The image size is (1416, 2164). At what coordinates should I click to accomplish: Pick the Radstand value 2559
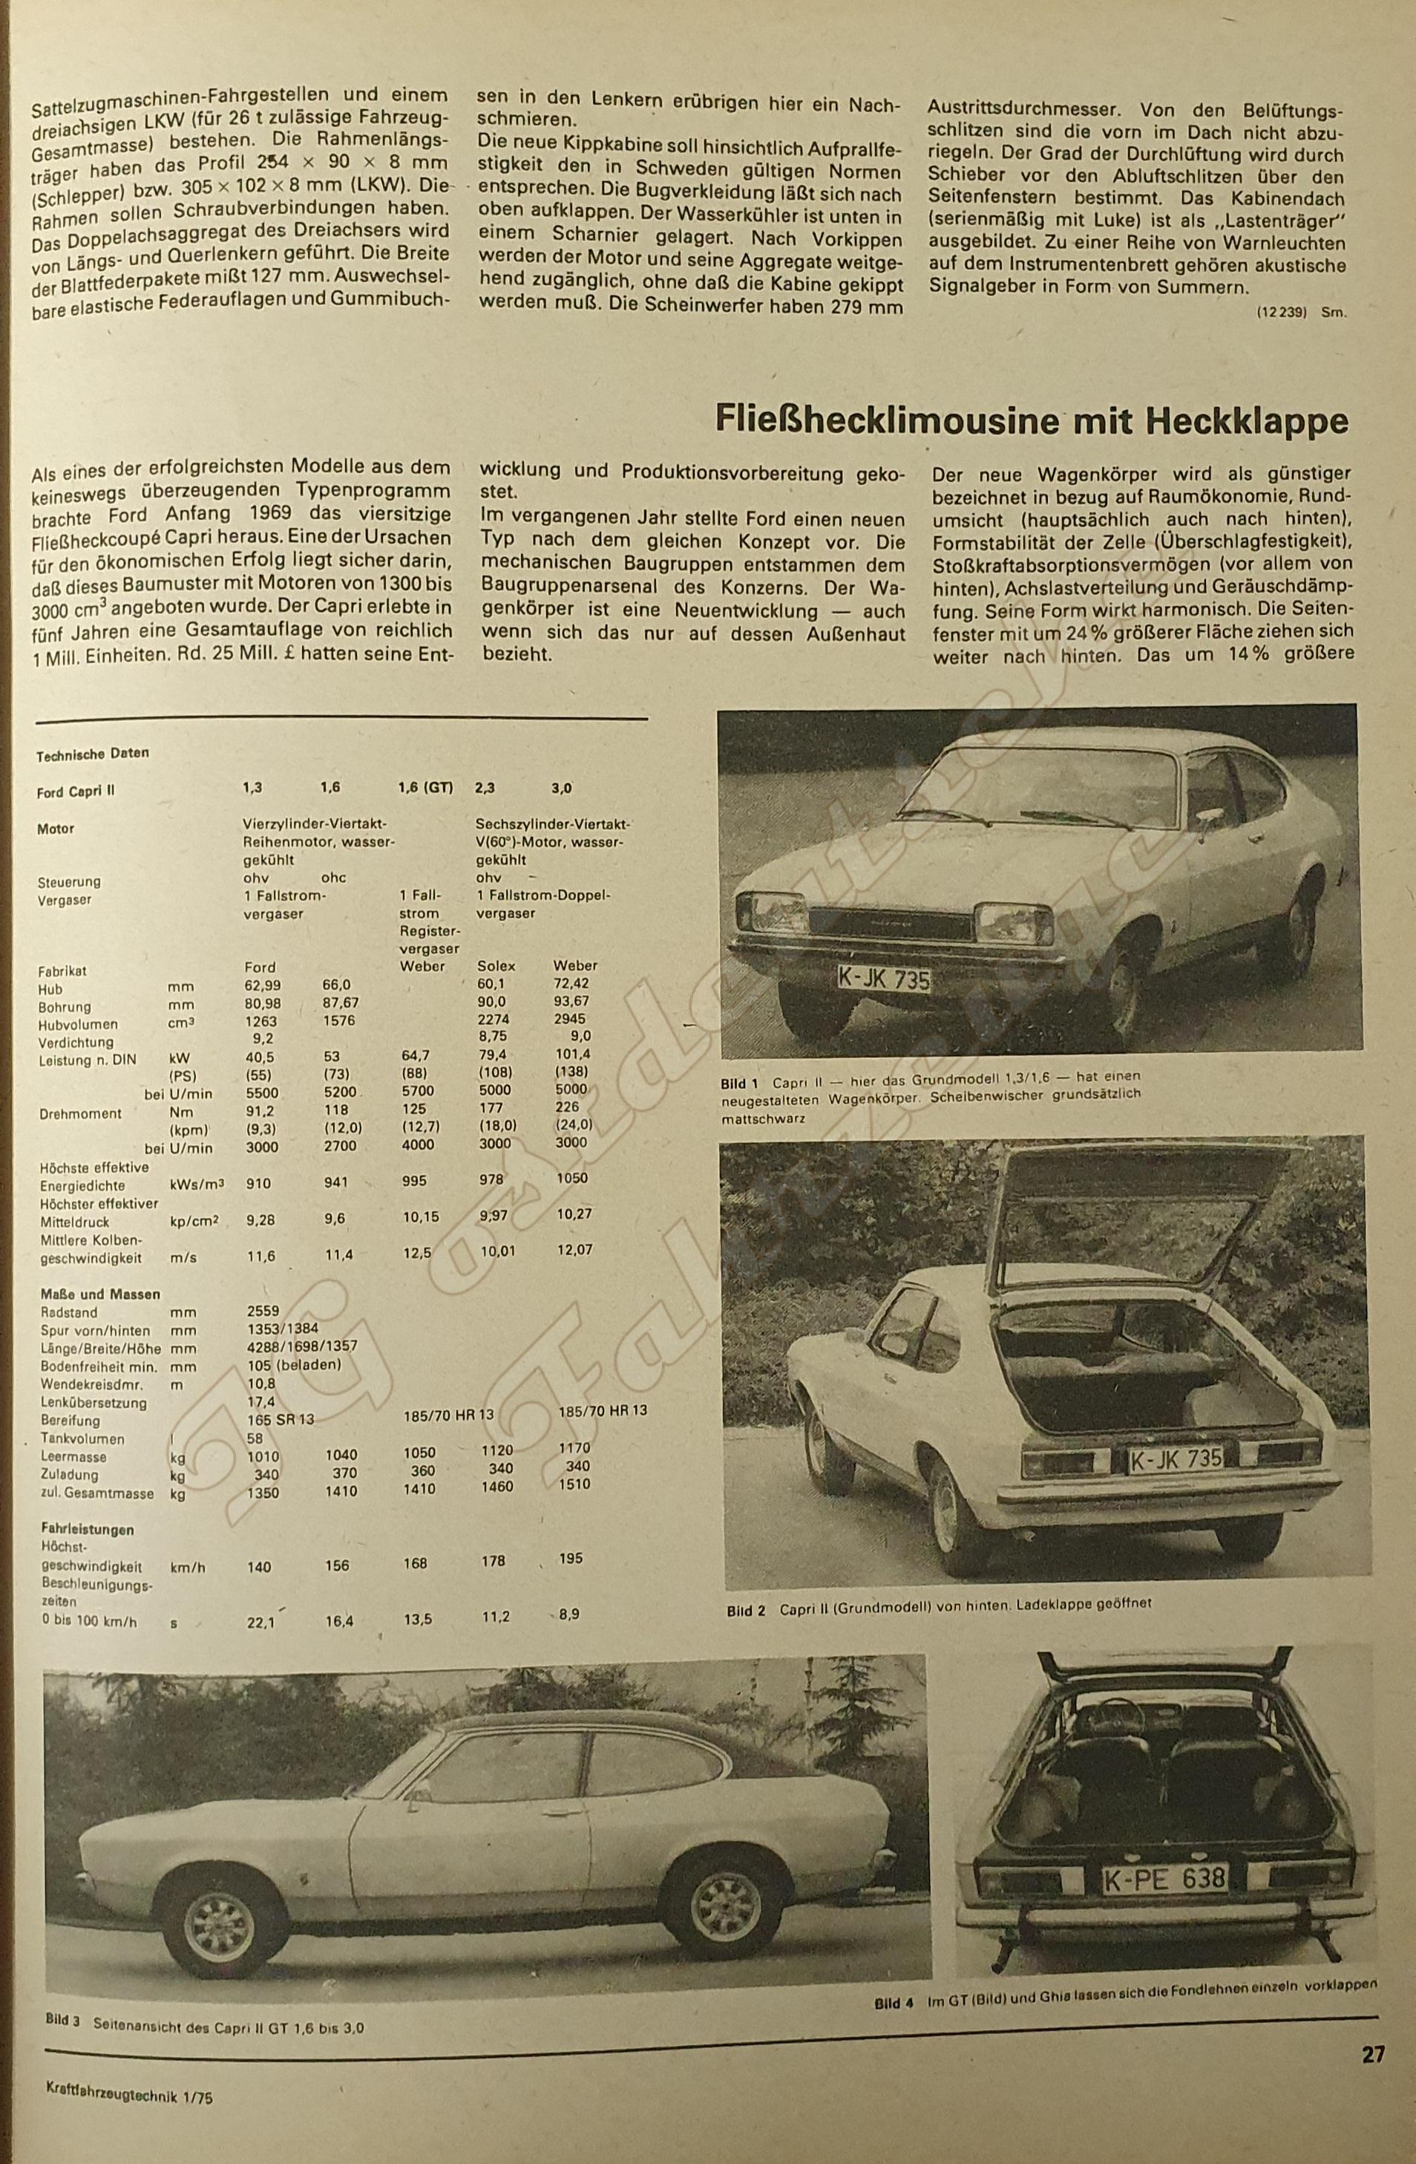coord(263,1312)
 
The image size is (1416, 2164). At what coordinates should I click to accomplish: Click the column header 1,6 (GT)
coord(425,787)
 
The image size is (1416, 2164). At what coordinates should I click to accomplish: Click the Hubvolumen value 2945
coord(570,1018)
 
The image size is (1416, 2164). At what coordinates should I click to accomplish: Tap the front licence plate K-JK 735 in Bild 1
coord(883,978)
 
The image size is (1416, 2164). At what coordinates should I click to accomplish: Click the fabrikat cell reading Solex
coord(496,965)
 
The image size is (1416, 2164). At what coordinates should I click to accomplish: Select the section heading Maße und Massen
coord(100,1294)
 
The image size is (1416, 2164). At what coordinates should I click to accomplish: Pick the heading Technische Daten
coord(92,754)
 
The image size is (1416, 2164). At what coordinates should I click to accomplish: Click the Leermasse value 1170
coord(574,1447)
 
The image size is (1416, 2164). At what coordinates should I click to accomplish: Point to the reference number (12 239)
coord(1282,312)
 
